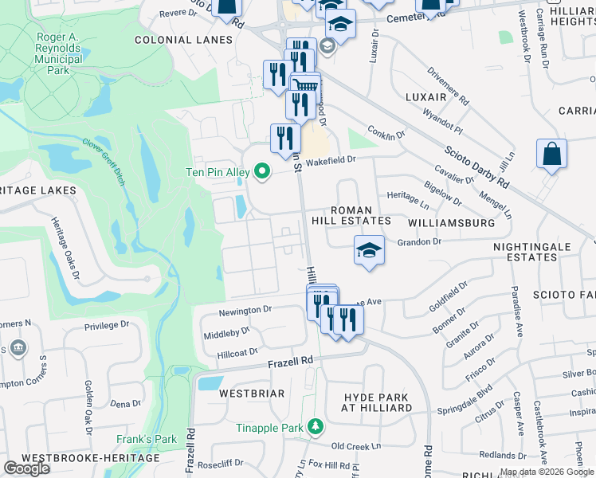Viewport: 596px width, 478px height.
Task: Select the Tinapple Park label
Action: click(269, 428)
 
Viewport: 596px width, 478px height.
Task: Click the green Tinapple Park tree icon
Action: click(316, 428)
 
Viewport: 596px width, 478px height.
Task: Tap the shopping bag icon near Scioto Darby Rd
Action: click(551, 153)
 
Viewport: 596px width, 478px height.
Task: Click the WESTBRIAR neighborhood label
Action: click(229, 394)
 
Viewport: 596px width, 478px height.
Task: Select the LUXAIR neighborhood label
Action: click(425, 96)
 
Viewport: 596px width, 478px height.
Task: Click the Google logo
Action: click(26, 468)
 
